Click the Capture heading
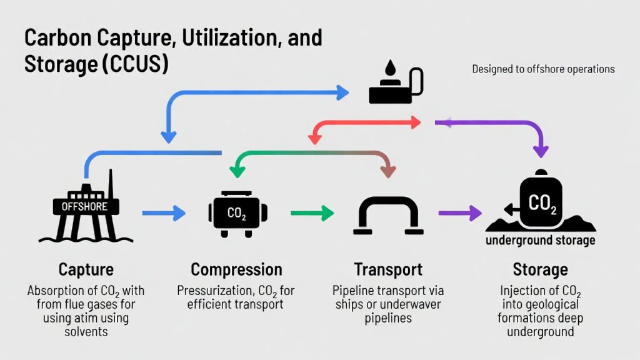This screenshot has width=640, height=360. tap(86, 270)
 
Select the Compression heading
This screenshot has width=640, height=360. tap(236, 270)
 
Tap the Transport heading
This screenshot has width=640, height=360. tap(388, 270)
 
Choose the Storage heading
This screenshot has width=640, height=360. tap(540, 270)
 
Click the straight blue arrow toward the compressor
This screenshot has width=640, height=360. tap(164, 213)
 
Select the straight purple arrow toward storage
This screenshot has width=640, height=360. tap(460, 213)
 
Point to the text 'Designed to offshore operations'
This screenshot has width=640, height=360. tap(543, 69)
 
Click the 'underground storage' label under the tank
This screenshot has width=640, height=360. tap(541, 241)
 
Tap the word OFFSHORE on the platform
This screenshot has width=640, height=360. tap(84, 206)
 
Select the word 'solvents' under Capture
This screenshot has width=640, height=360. tap(86, 331)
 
